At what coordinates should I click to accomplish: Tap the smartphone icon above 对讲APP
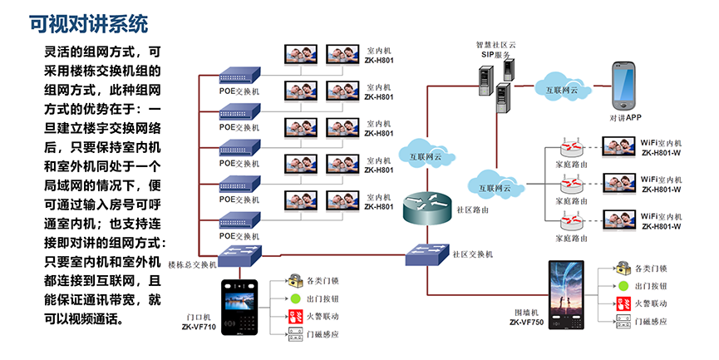tap(625, 86)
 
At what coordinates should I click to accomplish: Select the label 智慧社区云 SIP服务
tap(495, 49)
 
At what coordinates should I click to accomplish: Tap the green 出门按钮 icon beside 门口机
tap(295, 298)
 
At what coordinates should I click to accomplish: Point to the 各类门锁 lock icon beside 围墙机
tap(623, 269)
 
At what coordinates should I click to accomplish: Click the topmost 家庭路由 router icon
tap(569, 147)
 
